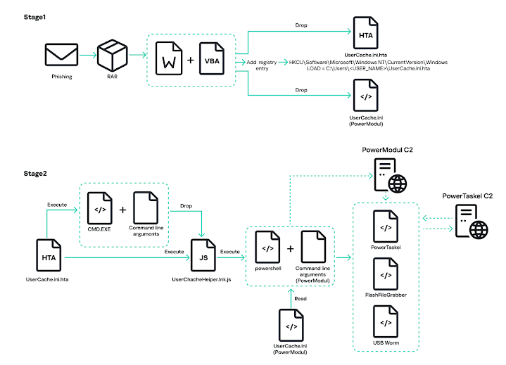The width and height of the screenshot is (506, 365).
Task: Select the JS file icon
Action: coord(203,257)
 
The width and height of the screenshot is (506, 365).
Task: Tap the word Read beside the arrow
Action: coord(301,298)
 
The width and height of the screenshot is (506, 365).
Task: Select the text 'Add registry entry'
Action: coord(261,65)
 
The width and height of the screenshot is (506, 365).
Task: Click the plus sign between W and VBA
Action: coord(190,60)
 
